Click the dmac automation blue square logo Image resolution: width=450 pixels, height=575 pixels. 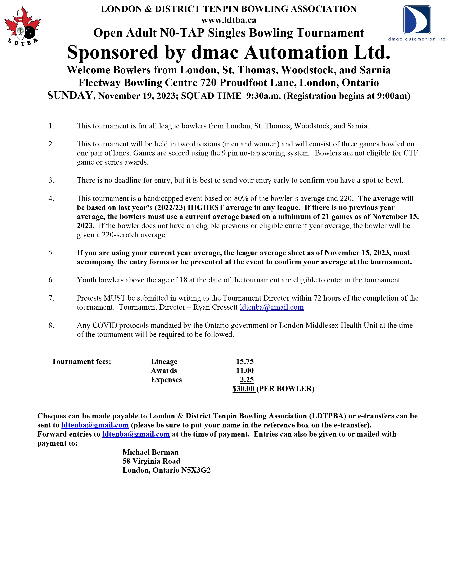pos(417,20)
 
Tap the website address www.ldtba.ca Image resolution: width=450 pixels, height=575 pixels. pos(229,20)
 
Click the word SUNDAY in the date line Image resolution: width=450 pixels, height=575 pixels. pos(70,95)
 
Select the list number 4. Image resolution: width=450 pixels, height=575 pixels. pos(51,199)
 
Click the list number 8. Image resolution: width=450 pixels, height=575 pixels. pos(51,325)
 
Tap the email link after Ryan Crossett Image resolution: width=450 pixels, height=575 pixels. pos(272,307)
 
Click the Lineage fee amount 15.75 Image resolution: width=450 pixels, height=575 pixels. pos(245,361)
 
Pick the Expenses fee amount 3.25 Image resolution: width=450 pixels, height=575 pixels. pos(247,380)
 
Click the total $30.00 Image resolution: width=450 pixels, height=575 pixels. pos(243,389)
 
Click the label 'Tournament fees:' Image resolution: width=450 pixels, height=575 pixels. pos(81,361)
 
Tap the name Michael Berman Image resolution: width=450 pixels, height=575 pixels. pos(151,452)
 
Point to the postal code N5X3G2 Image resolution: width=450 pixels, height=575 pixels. pos(196,470)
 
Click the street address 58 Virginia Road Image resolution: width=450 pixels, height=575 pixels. pos(151,461)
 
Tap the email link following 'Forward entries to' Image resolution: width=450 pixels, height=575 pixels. pos(136,434)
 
